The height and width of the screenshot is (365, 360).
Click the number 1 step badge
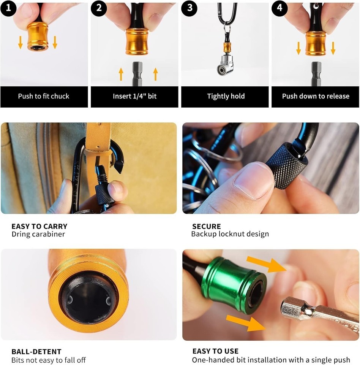8,8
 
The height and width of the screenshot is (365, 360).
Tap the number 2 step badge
99,8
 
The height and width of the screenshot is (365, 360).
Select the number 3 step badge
189,8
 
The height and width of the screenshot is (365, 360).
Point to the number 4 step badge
279,8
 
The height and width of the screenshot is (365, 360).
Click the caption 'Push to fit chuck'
44,96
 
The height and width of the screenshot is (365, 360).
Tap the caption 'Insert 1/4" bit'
135,96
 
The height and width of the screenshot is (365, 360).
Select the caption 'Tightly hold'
226,96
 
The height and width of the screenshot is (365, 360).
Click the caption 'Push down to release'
316,96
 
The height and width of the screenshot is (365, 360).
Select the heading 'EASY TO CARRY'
39,226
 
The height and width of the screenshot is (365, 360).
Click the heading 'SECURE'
206,226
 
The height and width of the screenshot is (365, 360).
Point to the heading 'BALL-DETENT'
36,351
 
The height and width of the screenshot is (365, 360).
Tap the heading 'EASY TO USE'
215,351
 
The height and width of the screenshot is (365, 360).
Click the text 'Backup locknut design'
230,234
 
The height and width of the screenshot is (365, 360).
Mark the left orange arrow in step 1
21,42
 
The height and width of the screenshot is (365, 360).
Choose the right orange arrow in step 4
333,48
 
